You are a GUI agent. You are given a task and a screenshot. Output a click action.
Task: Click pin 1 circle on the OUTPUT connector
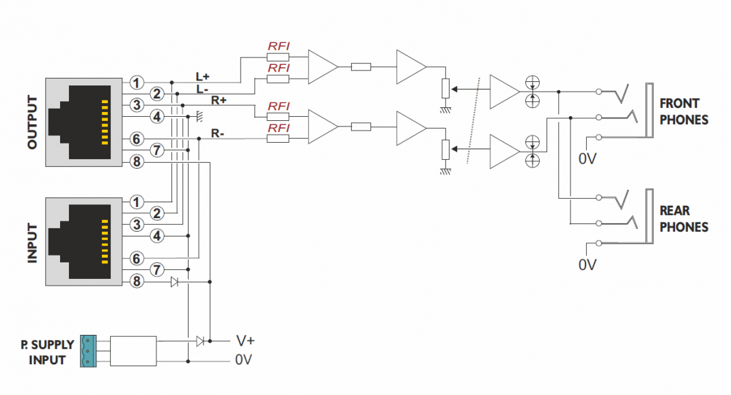[137, 83]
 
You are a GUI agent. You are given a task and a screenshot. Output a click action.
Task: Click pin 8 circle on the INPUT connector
[137, 281]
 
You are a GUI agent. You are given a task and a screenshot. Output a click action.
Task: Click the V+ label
[246, 340]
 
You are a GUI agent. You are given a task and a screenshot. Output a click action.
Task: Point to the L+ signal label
[203, 77]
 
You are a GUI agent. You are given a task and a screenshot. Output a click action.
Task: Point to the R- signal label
[218, 133]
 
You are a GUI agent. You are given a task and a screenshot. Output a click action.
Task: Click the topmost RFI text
[278, 46]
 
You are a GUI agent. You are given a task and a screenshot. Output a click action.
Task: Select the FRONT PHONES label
[683, 111]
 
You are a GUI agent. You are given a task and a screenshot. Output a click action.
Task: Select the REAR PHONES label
[683, 219]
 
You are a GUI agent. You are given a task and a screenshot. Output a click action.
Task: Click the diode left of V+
[199, 340]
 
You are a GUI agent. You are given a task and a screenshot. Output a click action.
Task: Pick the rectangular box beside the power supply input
[133, 351]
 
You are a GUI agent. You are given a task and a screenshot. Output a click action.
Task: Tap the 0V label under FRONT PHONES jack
[588, 159]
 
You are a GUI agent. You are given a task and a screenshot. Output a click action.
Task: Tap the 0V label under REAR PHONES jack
[588, 264]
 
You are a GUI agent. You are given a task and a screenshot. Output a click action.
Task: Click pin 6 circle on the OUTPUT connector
[137, 139]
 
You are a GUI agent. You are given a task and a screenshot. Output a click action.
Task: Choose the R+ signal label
[219, 100]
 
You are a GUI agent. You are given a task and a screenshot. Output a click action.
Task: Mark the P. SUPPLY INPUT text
[47, 352]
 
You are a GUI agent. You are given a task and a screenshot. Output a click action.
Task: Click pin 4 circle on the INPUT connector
[157, 236]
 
